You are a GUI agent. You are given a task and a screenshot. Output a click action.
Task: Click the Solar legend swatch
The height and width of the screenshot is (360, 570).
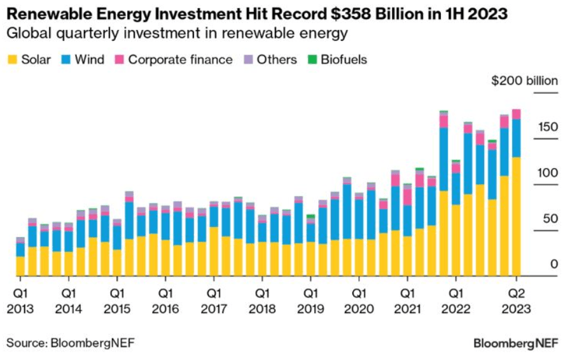click(12, 60)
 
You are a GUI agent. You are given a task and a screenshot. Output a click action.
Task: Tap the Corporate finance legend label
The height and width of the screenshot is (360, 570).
click(180, 60)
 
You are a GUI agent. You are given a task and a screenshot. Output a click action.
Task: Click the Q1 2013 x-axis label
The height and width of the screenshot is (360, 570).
click(20, 302)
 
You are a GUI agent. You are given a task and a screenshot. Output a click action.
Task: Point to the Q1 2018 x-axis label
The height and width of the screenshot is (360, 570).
click(262, 302)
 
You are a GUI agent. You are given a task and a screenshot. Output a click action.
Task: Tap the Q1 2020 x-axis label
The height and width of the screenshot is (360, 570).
click(359, 302)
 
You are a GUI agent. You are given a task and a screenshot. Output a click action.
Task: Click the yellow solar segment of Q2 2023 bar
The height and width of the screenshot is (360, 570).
click(517, 216)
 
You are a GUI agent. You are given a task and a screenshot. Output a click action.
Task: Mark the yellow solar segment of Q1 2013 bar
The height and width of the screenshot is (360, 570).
click(20, 266)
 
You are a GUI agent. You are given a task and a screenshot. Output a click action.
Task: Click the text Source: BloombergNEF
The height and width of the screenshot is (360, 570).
click(71, 343)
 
